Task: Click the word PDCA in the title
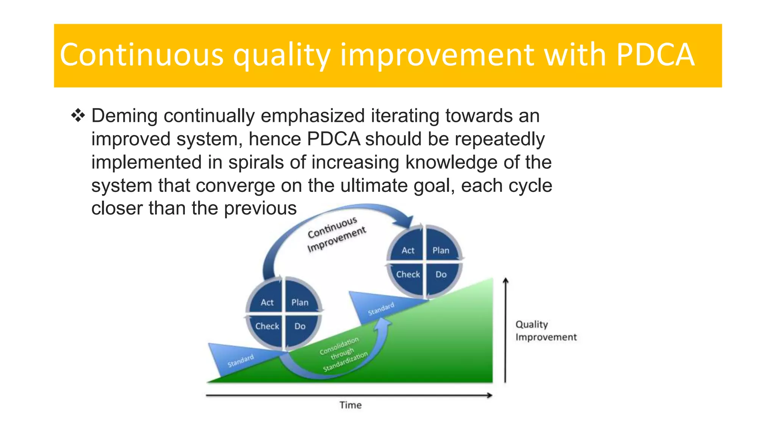[x=655, y=55]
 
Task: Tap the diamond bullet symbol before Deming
[x=78, y=115]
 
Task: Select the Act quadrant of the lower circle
[x=267, y=302]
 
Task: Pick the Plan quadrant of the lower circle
[x=300, y=302]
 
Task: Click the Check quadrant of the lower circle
[x=267, y=326]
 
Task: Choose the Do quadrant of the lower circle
[x=300, y=326]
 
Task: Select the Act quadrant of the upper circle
[x=408, y=250]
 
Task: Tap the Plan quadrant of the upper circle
[x=441, y=250]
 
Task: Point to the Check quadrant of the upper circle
[x=408, y=274]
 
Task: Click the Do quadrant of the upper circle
[x=441, y=274]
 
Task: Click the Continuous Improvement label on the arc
[x=336, y=234]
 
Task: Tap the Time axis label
[x=350, y=405]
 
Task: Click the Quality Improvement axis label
[x=546, y=331]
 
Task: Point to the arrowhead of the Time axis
[x=490, y=396]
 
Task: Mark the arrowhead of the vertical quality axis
[x=505, y=281]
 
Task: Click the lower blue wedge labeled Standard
[x=235, y=360]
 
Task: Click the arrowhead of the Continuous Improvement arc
[x=407, y=221]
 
